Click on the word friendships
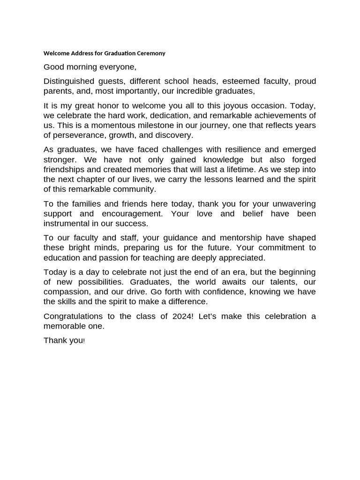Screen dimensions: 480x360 pos(67,169)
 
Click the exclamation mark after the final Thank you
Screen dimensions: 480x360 pos(84,341)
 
